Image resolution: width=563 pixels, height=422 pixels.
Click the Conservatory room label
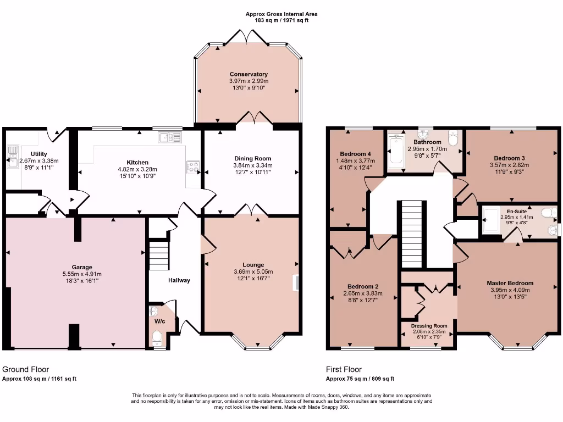click(x=249, y=74)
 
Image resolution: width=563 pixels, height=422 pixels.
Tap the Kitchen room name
click(x=137, y=163)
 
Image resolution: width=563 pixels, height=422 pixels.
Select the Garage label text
click(x=81, y=267)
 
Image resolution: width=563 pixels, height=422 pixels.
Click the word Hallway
click(x=179, y=280)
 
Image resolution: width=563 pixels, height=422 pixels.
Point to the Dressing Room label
click(x=429, y=326)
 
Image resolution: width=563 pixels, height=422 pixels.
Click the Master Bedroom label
click(x=510, y=284)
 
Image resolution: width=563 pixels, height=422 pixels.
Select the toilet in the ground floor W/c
click(x=156, y=336)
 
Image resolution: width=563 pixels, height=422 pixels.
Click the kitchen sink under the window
click(x=169, y=137)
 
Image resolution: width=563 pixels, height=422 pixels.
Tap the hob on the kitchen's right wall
click(x=193, y=165)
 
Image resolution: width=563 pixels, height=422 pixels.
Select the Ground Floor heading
click(x=22, y=370)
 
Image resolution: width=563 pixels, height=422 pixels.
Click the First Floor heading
click(x=344, y=370)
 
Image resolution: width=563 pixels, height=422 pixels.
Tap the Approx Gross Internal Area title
click(x=281, y=14)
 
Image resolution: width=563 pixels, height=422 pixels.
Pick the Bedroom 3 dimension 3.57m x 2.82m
click(x=509, y=164)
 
